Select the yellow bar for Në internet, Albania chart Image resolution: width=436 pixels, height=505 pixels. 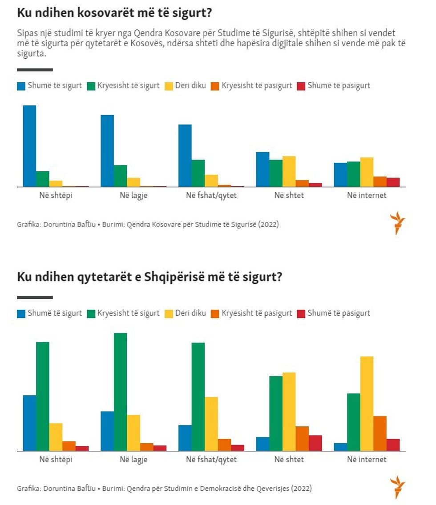point(367,403)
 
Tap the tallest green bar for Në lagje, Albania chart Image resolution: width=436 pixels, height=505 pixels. point(120,392)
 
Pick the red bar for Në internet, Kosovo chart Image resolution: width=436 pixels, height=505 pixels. point(393,182)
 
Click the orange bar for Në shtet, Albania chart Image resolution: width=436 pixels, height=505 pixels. point(302,438)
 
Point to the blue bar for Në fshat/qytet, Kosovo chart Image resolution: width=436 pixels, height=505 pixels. point(185,156)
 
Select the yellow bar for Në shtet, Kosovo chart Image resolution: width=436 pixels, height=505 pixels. point(289,171)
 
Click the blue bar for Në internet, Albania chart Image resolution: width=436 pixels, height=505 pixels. point(340,447)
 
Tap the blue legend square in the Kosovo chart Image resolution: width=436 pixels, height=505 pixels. point(21,86)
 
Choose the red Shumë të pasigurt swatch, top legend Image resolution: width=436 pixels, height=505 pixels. point(301,86)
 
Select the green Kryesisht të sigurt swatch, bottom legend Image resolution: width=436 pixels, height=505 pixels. point(91,313)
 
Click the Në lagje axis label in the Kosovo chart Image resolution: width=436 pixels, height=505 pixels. point(133,195)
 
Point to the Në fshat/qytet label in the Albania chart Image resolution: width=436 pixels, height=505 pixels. point(211,459)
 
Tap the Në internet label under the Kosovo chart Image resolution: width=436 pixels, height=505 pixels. point(367,195)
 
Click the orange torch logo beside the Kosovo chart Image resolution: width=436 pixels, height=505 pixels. point(397,223)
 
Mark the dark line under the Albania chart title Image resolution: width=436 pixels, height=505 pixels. point(35,297)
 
